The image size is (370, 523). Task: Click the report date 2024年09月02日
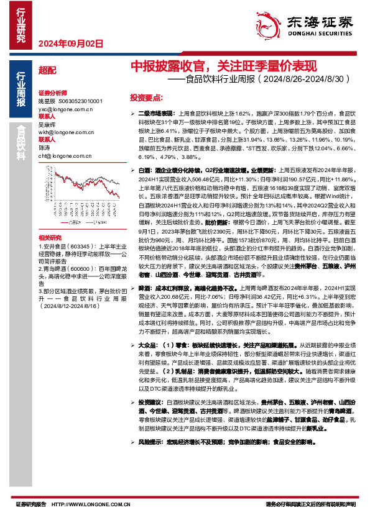point(70,43)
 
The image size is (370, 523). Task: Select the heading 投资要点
point(146,98)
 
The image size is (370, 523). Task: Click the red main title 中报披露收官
point(167,65)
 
